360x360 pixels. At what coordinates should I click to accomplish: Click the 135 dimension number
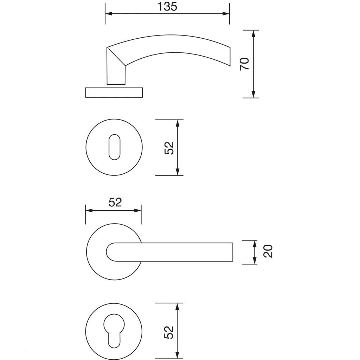(167, 7)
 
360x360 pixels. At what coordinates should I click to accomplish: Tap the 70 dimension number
(244, 64)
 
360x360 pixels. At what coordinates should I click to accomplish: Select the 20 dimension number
(268, 251)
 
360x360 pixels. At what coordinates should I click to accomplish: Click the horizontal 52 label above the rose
(115, 202)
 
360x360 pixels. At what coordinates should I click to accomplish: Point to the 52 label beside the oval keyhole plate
(169, 148)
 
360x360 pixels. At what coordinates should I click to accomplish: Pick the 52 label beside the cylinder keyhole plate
(169, 332)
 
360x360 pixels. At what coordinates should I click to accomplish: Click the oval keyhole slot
(114, 147)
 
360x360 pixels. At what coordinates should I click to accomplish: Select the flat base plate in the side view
(114, 92)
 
